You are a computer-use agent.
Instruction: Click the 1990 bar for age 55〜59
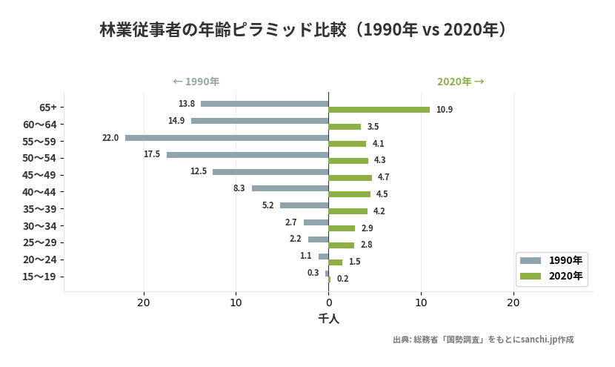pos(227,138)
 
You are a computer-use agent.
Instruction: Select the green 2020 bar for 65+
pos(379,110)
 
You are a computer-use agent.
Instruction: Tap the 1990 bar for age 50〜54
pos(247,155)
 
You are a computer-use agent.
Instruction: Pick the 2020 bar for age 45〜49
pos(350,178)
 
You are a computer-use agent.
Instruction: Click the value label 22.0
pos(110,138)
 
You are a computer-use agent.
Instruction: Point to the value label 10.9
pos(445,110)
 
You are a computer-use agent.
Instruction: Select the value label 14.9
pos(176,121)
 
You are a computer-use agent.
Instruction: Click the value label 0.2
pos(342,279)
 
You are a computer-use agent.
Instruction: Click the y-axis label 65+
pos(48,108)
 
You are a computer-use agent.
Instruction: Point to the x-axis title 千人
pos(328,319)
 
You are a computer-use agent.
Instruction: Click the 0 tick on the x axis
pos(328,302)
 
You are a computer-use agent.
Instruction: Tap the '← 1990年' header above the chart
pos(196,82)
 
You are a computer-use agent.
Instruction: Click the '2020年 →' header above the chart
pos(460,82)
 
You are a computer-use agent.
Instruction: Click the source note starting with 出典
pos(483,340)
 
